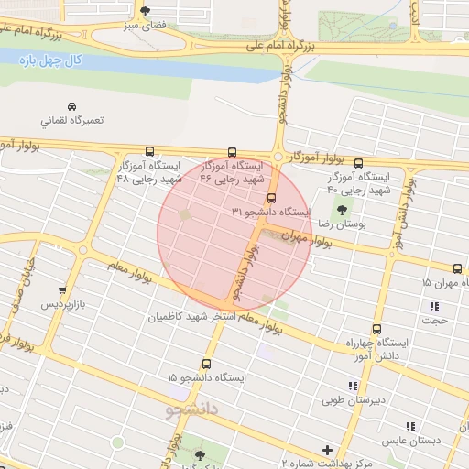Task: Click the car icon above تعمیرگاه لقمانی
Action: coord(72,105)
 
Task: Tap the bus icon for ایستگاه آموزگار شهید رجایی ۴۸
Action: coord(149,152)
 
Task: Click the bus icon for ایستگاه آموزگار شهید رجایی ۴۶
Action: coord(231,153)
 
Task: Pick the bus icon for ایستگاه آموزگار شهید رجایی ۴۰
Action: coord(358,160)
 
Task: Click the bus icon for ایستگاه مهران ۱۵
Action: coord(457,268)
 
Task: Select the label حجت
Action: coord(433,321)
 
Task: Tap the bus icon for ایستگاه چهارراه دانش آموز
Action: coord(376,329)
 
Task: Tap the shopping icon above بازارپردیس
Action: coord(62,290)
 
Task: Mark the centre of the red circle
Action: coord(235,234)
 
